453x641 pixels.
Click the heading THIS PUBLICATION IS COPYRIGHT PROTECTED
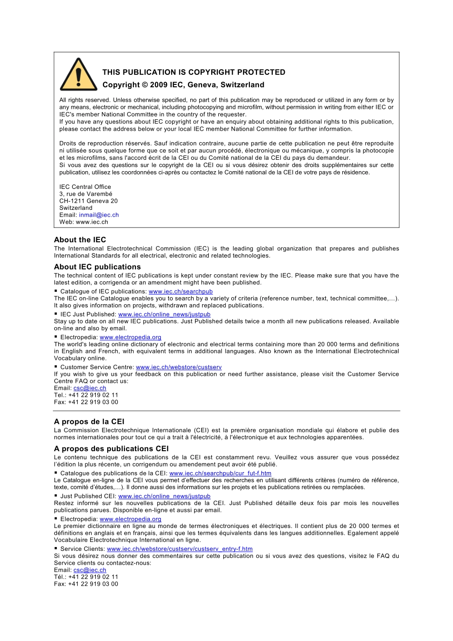point(194,72)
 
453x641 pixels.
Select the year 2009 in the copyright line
point(158,85)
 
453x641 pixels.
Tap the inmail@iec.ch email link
point(99,215)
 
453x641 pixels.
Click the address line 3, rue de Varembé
point(86,194)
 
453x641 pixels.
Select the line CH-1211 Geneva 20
point(88,201)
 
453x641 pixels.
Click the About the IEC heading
point(80,240)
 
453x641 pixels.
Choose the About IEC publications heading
point(97,267)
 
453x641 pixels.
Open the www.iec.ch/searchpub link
point(181,292)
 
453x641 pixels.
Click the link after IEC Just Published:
point(164,315)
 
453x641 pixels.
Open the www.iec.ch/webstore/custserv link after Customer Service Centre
point(178,367)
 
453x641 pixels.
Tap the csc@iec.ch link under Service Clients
point(90,570)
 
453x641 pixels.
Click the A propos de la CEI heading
point(89,422)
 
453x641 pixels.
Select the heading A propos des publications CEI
point(111,449)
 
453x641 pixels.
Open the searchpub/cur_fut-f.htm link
point(220,474)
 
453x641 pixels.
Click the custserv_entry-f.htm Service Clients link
point(180,549)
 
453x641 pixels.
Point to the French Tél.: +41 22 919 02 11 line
point(86,577)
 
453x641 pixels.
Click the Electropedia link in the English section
point(130,338)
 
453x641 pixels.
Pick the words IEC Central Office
point(85,187)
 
